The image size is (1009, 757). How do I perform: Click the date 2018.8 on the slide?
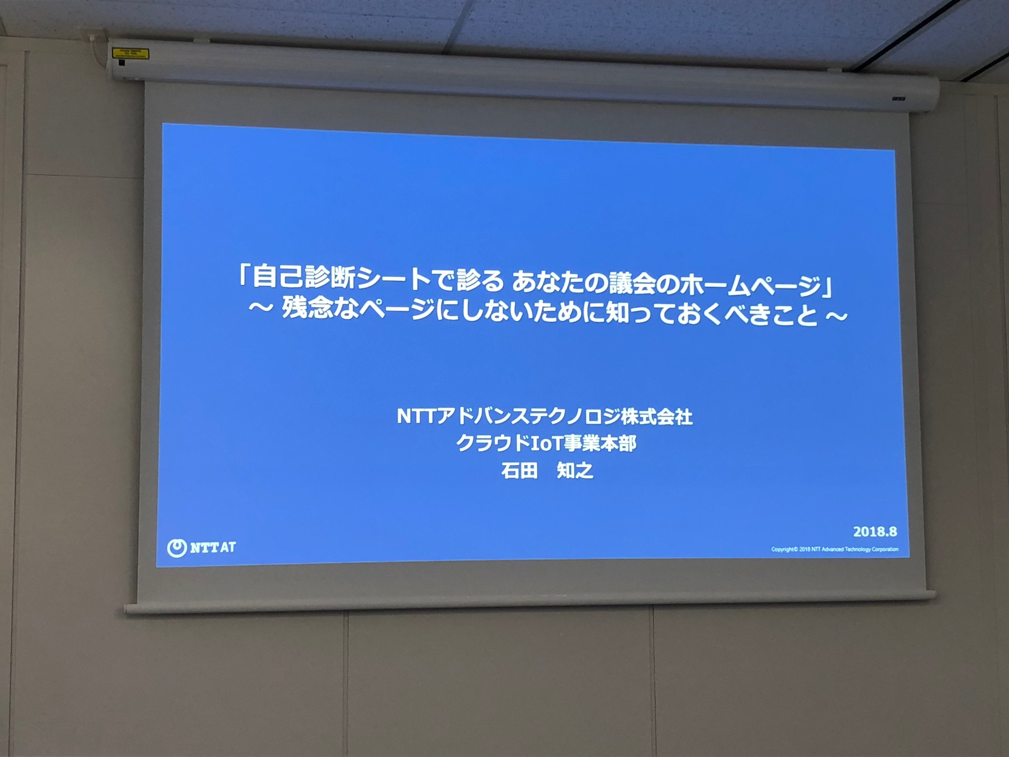875,531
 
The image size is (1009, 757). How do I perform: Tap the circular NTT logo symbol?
177,548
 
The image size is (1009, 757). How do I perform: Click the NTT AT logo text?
213,547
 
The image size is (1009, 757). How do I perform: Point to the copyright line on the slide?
834,549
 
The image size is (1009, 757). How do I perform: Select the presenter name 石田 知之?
547,471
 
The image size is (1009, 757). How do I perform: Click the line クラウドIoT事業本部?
546,443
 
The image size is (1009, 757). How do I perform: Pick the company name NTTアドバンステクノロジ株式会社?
545,417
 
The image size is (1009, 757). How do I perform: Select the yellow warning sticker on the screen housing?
131,53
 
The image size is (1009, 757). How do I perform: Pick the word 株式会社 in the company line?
657,417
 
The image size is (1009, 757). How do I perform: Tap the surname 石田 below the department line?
520,471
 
